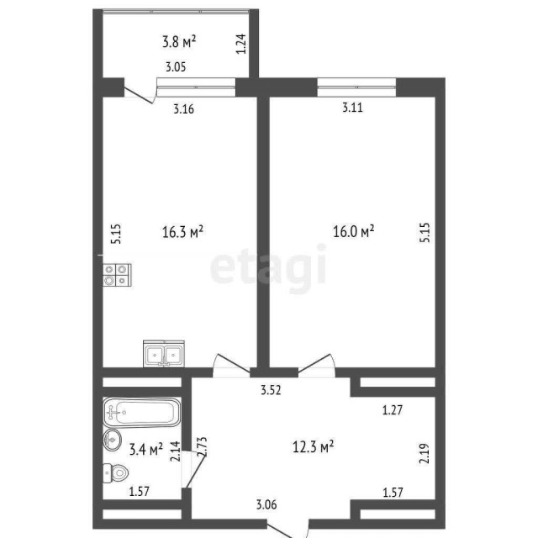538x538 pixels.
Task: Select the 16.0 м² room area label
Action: [354, 230]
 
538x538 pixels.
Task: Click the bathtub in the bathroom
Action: [142, 412]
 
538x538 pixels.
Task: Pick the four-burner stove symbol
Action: [117, 276]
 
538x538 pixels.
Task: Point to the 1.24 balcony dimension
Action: [241, 43]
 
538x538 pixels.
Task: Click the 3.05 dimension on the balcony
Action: [175, 67]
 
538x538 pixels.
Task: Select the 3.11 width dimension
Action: [354, 108]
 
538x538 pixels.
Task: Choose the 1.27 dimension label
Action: [393, 411]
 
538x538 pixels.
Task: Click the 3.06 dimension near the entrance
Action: [267, 504]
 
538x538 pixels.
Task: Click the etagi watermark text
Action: [267, 266]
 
